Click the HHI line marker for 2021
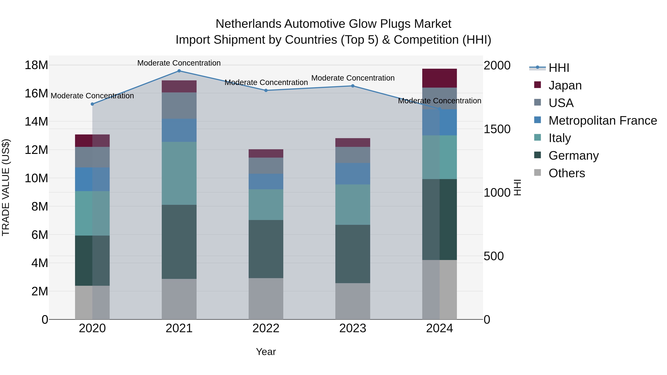click(179, 71)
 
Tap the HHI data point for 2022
click(266, 91)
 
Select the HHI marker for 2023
click(353, 86)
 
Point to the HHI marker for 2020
click(92, 104)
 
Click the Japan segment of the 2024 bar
click(439, 78)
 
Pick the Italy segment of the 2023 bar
click(353, 204)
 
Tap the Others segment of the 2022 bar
click(266, 299)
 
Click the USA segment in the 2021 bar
click(179, 106)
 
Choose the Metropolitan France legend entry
click(603, 121)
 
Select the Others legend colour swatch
click(537, 173)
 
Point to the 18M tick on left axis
click(36, 65)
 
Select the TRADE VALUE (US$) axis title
click(6, 187)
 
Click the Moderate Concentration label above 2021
click(179, 63)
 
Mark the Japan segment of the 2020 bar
click(92, 141)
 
